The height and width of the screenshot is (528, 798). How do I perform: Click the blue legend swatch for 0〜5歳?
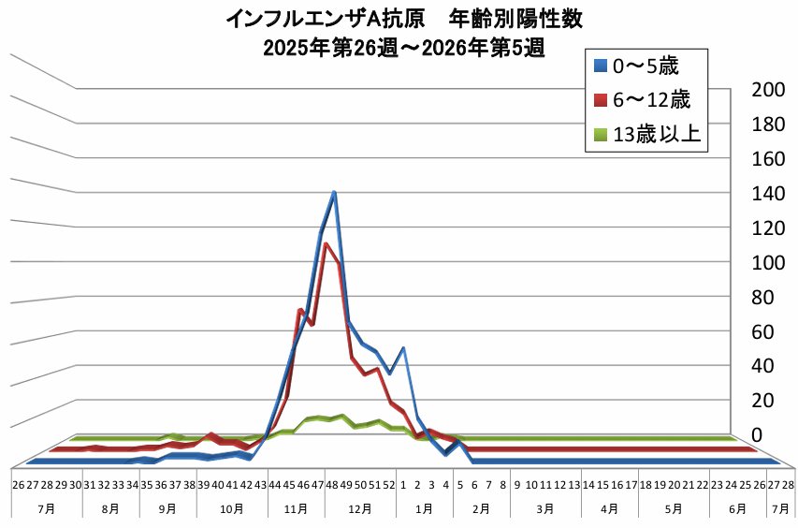tap(602, 66)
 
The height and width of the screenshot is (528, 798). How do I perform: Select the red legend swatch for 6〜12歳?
tap(602, 100)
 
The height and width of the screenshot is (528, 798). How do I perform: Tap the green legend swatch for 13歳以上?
tap(602, 135)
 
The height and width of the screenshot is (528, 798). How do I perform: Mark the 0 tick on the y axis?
tap(766, 435)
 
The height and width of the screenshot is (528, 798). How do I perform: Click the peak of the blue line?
tap(334, 192)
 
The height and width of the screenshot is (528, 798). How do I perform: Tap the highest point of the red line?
tap(326, 244)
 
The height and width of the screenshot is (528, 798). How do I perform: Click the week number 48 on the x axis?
tap(332, 484)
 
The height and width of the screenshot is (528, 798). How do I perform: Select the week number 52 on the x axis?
tap(389, 484)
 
